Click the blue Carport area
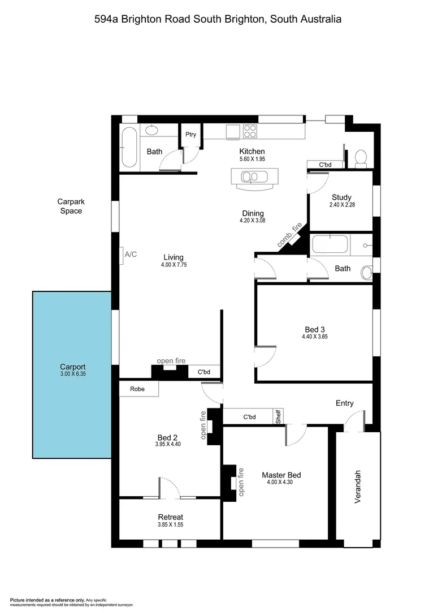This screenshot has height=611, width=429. (72, 374)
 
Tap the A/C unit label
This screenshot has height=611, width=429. (131, 255)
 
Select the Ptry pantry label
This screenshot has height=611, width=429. (190, 135)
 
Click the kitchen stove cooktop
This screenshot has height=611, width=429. (250, 132)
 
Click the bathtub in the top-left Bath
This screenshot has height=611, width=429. (129, 147)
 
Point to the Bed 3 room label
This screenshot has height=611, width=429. (315, 329)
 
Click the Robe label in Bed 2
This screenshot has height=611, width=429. (137, 389)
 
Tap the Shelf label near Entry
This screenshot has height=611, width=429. (278, 417)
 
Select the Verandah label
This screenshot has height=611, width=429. (358, 487)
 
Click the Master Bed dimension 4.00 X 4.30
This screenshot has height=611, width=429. (281, 483)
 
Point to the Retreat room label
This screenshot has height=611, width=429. (170, 517)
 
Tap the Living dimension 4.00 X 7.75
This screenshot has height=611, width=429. (173, 265)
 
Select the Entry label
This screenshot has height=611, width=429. (344, 403)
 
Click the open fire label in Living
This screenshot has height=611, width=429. (171, 361)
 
